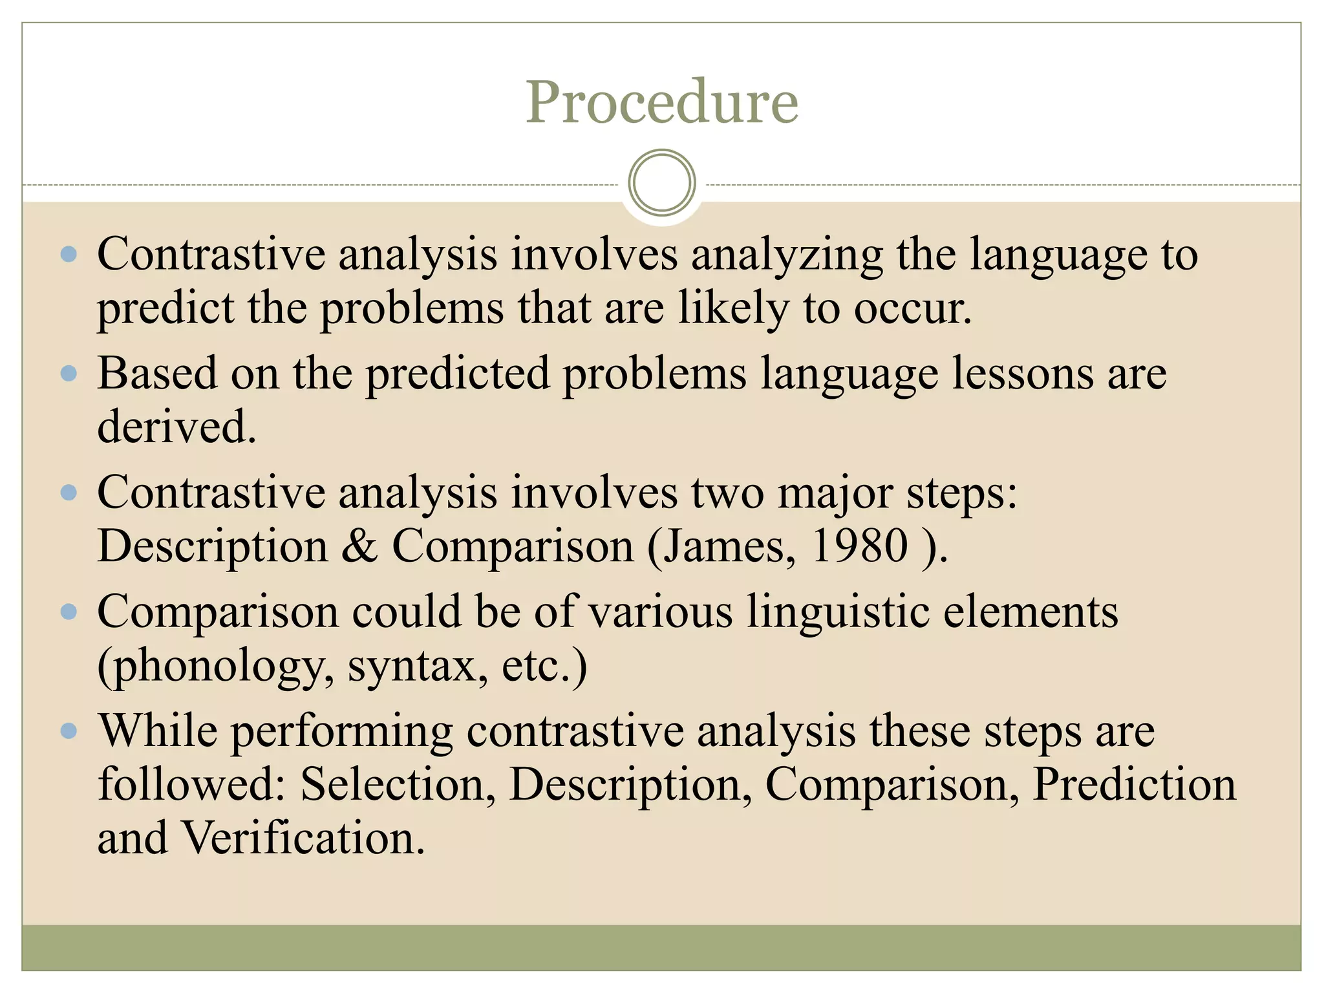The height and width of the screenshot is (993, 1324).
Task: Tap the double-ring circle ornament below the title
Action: coord(661,182)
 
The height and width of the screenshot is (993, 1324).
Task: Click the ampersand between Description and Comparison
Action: coord(359,546)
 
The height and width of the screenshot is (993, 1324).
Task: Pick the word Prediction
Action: coord(1134,784)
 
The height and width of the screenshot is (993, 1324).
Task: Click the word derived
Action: coord(176,427)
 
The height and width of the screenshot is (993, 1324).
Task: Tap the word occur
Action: coord(912,308)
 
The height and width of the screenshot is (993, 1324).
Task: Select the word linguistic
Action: coord(838,612)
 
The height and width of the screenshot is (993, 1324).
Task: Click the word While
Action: coord(157,731)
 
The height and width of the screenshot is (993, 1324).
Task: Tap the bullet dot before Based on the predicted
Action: coord(69,374)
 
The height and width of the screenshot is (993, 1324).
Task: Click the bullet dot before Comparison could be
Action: coord(69,612)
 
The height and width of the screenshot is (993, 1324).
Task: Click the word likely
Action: coord(734,308)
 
